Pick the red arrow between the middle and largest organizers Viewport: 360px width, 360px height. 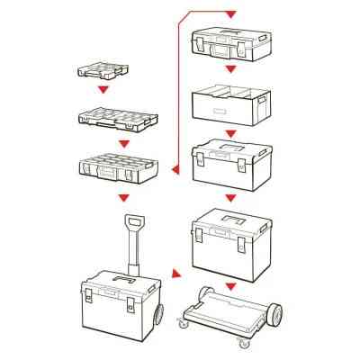pyautogui.click(x=114, y=141)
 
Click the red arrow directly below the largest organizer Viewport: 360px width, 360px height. pyautogui.click(x=120, y=195)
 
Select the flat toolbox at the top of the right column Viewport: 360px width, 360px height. pyautogui.click(x=229, y=42)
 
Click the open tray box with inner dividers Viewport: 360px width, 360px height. pyautogui.click(x=230, y=103)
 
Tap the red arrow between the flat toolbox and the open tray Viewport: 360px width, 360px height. pyautogui.click(x=230, y=69)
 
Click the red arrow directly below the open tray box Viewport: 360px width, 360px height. pyautogui.click(x=230, y=130)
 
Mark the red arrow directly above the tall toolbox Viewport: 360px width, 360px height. pyautogui.click(x=230, y=197)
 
